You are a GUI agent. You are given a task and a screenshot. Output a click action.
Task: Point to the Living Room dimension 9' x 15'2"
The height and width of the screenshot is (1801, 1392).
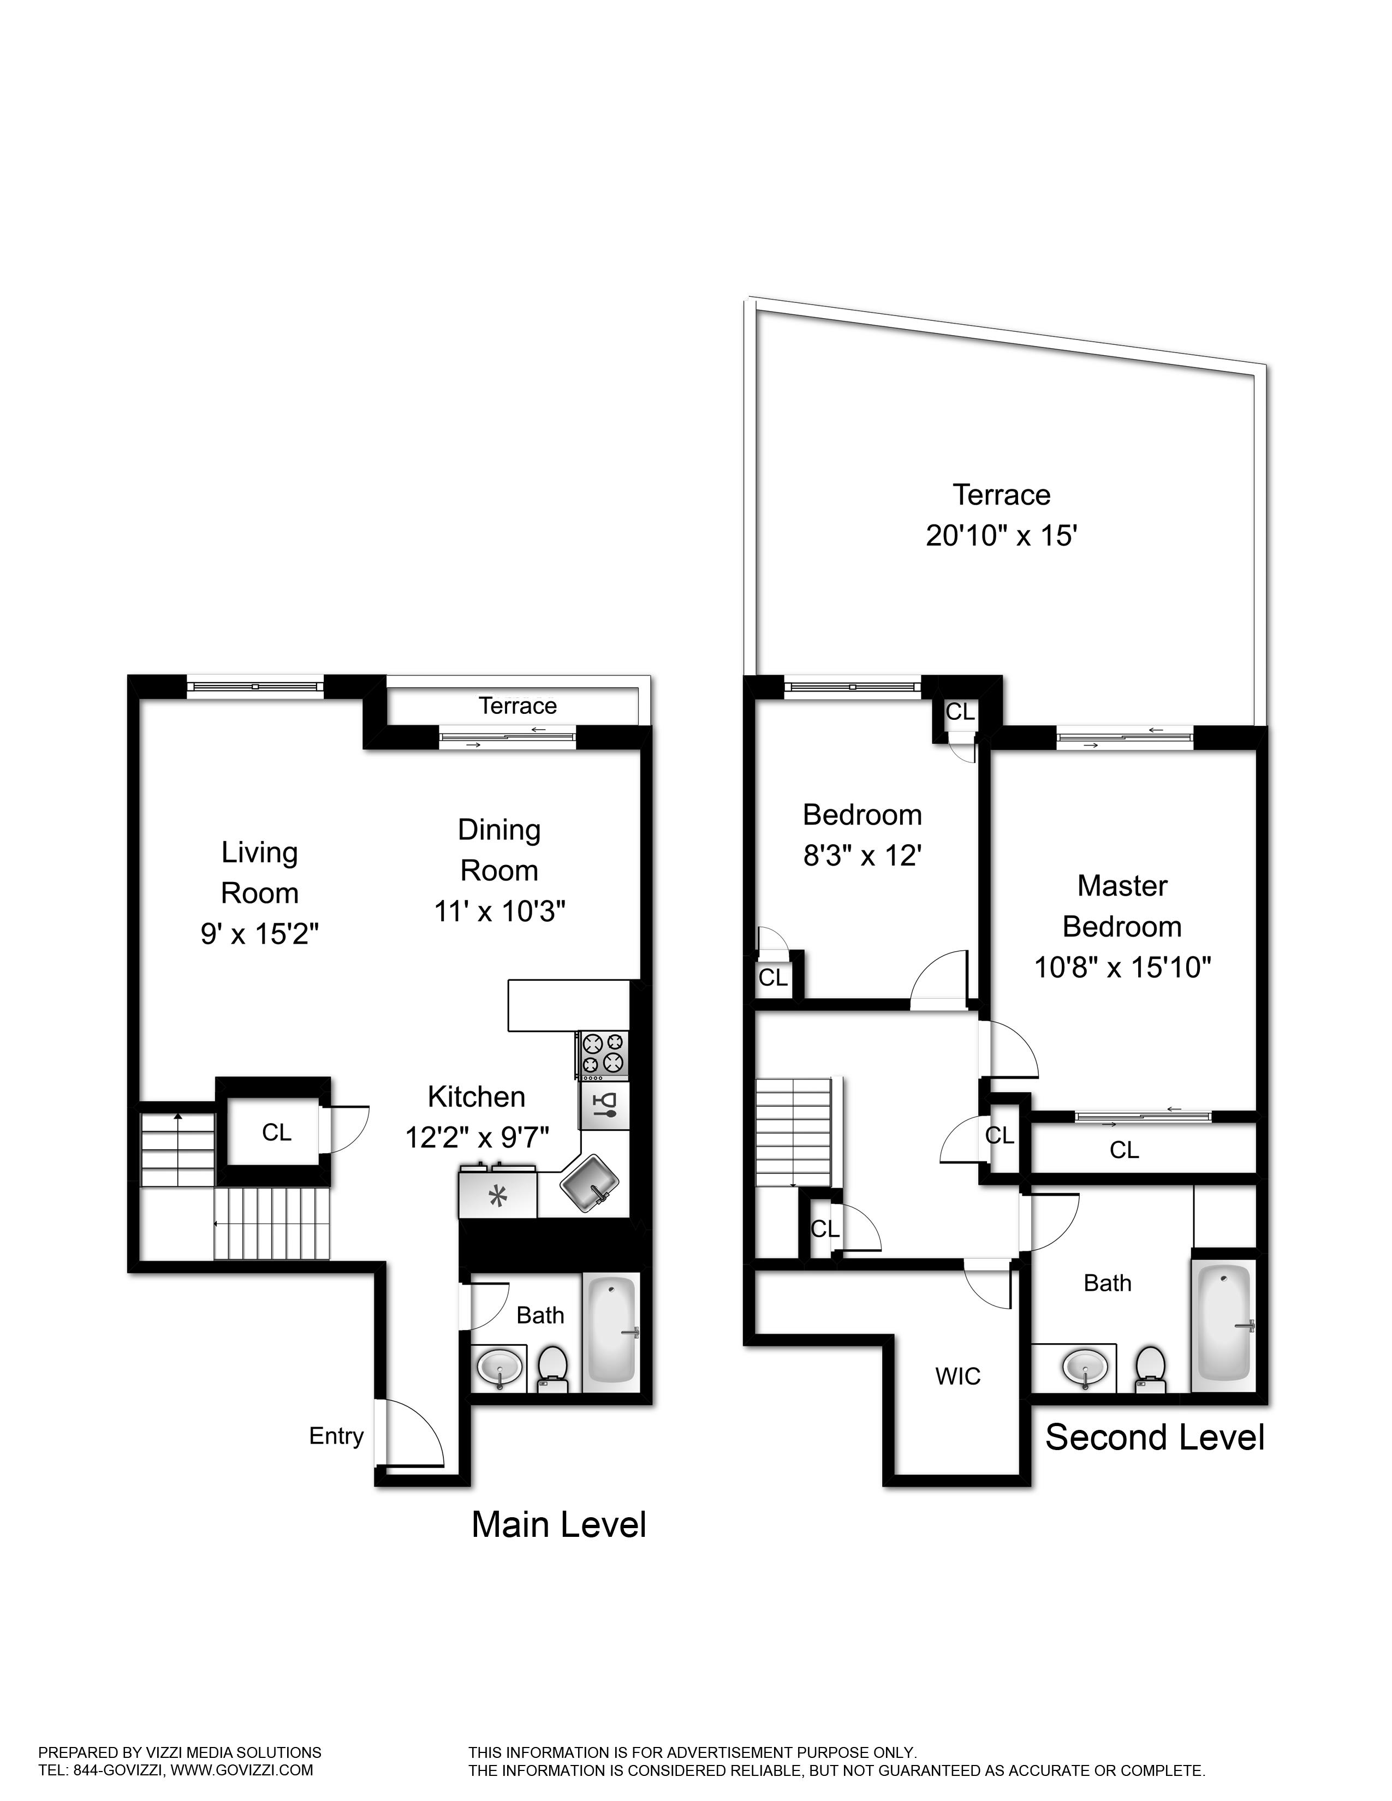pos(260,933)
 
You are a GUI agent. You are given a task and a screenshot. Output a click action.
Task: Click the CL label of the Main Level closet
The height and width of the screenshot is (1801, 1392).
pos(276,1132)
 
